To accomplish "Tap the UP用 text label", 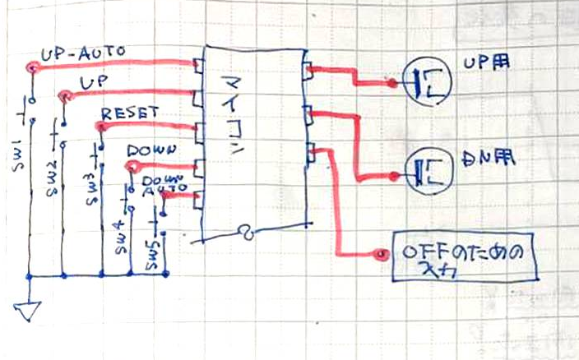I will pos(482,63).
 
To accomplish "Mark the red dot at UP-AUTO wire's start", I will pos(32,68).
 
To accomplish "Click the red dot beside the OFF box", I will pos(379,255).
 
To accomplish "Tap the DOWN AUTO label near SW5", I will pos(159,184).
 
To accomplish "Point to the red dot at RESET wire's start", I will pos(99,126).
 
